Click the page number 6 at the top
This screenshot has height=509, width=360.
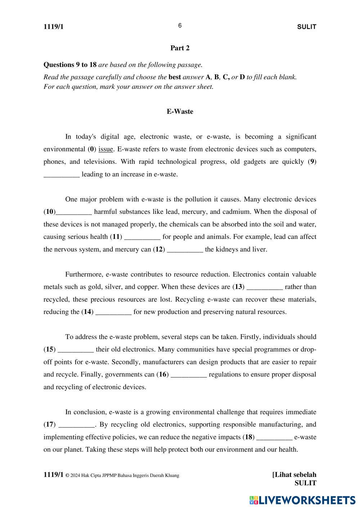pos(180,26)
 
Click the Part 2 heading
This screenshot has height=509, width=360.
pos(180,48)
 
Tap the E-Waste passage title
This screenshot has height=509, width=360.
pos(180,112)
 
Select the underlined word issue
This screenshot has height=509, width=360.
pos(106,149)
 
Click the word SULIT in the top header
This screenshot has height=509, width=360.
pos(307,27)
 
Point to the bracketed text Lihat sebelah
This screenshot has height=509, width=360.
pos(294,475)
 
